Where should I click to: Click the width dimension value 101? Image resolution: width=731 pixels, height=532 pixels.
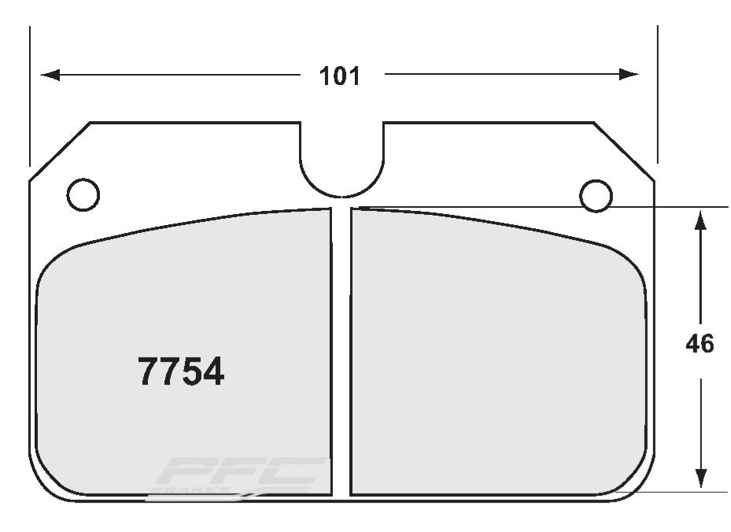(339, 76)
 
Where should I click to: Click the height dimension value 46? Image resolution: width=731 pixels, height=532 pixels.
(699, 344)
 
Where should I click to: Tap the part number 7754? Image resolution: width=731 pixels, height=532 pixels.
(181, 371)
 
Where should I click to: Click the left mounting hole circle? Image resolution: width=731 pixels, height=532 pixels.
(83, 194)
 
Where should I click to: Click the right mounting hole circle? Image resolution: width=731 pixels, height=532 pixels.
(595, 194)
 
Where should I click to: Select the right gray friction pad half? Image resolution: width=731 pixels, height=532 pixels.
(496, 354)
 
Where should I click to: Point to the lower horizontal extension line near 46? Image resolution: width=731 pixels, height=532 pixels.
(685, 493)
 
